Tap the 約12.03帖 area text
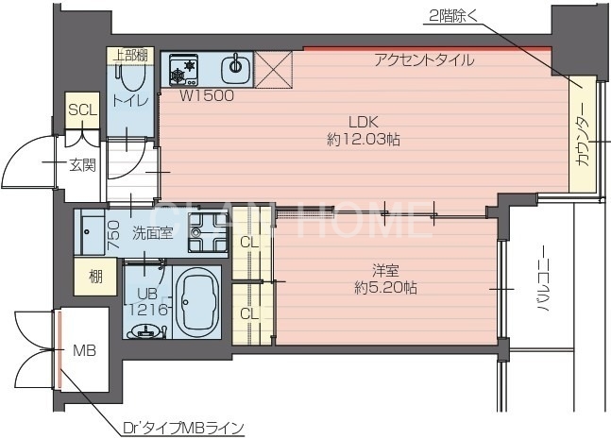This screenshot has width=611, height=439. (x=363, y=140)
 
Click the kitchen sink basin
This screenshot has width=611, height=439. (x=235, y=68)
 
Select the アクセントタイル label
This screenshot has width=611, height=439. (x=424, y=60)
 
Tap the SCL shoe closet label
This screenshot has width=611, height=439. (x=81, y=110)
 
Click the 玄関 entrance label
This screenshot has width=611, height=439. (x=81, y=166)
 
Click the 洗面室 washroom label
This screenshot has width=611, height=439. (x=151, y=232)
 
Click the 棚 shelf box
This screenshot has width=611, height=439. (x=96, y=276)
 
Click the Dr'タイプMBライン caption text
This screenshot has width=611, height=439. (x=183, y=428)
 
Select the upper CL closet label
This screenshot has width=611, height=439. (x=249, y=243)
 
